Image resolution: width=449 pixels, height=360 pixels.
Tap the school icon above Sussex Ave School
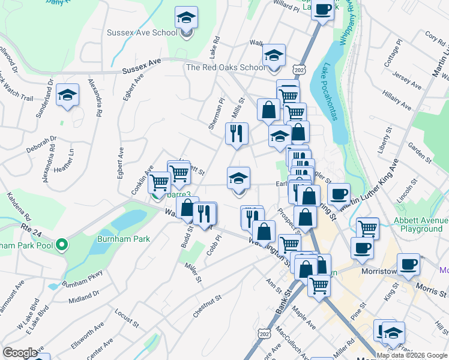pyautogui.click(x=187, y=17)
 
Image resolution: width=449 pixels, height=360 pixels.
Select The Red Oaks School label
pyautogui.click(x=225, y=67)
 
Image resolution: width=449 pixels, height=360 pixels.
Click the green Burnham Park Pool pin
pyautogui.click(x=61, y=245)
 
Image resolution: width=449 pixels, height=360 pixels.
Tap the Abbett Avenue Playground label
pyautogui.click(x=418, y=224)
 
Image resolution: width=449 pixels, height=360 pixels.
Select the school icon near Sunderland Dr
pyautogui.click(x=67, y=95)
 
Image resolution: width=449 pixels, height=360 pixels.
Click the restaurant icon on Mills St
pyautogui.click(x=237, y=133)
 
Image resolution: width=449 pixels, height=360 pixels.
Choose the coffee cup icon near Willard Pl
pyautogui.click(x=323, y=10)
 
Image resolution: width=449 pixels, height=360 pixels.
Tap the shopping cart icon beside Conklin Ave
pyautogui.click(x=159, y=182)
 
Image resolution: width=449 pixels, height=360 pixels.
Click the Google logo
pyautogui.click(x=20, y=353)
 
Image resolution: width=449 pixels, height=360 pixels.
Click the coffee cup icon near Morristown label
pyautogui.click(x=408, y=265)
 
